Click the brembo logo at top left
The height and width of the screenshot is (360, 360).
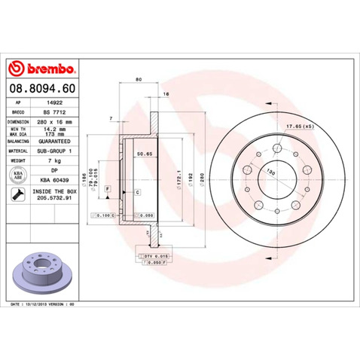click(44, 69)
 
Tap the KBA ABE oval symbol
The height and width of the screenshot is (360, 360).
click(18, 174)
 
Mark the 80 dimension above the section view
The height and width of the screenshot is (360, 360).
click(139, 78)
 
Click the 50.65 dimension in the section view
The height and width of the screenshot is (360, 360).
click(141, 154)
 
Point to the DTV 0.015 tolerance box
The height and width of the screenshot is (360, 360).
click(154, 256)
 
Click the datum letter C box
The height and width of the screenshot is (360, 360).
click(137, 193)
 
